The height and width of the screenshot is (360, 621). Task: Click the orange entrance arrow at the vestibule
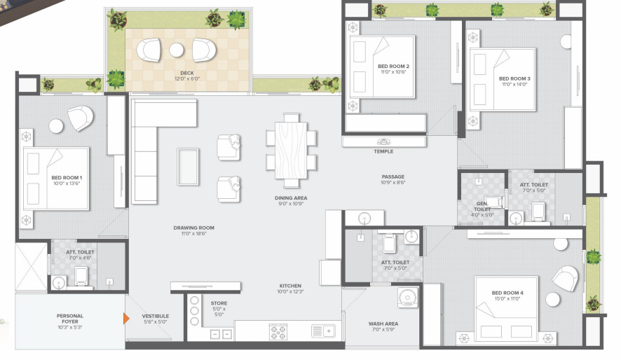126,319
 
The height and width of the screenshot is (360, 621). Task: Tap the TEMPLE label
383,151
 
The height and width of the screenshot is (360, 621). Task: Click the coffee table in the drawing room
188,166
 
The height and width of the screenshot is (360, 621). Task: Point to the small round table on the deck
177,50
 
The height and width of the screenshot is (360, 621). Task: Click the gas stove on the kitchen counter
279,331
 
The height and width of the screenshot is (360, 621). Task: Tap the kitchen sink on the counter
323,331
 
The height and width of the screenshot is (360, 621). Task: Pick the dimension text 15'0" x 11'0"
507,298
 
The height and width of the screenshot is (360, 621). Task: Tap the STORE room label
219,303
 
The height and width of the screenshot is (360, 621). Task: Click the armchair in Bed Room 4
565,278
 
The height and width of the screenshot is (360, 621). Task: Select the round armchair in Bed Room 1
80,118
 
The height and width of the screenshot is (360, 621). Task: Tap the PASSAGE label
393,176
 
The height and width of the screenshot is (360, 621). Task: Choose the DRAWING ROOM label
194,228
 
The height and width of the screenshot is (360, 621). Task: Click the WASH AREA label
384,324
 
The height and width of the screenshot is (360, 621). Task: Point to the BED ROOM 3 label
514,78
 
